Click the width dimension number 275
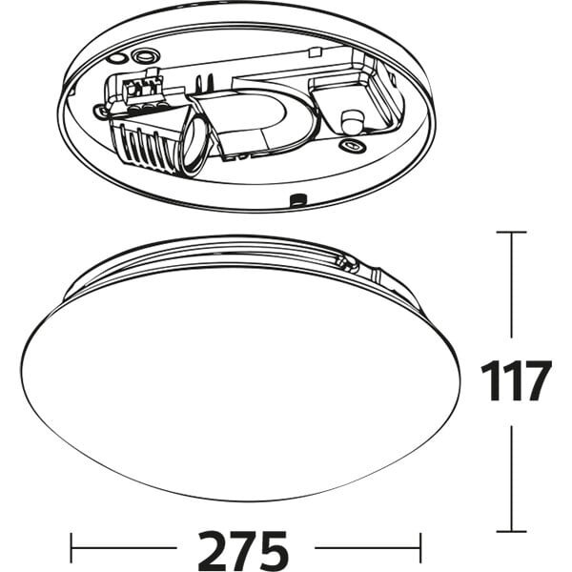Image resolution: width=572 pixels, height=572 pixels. tap(243, 549)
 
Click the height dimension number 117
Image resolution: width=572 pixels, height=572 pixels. tap(515, 381)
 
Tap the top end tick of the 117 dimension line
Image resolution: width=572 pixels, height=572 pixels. tap(512, 232)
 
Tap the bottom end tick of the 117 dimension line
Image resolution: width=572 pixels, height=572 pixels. tap(512, 531)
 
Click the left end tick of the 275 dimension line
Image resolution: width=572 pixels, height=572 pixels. tap(73, 549)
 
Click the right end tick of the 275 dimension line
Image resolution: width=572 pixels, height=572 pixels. tap(419, 549)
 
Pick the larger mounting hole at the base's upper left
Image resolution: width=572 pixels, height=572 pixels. tap(145, 56)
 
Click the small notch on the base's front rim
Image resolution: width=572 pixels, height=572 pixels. tap(298, 199)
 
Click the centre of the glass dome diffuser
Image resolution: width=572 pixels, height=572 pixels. tap(238, 381)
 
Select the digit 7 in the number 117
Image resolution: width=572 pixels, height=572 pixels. tap(536, 381)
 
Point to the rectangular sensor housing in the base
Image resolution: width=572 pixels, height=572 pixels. tap(357, 95)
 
